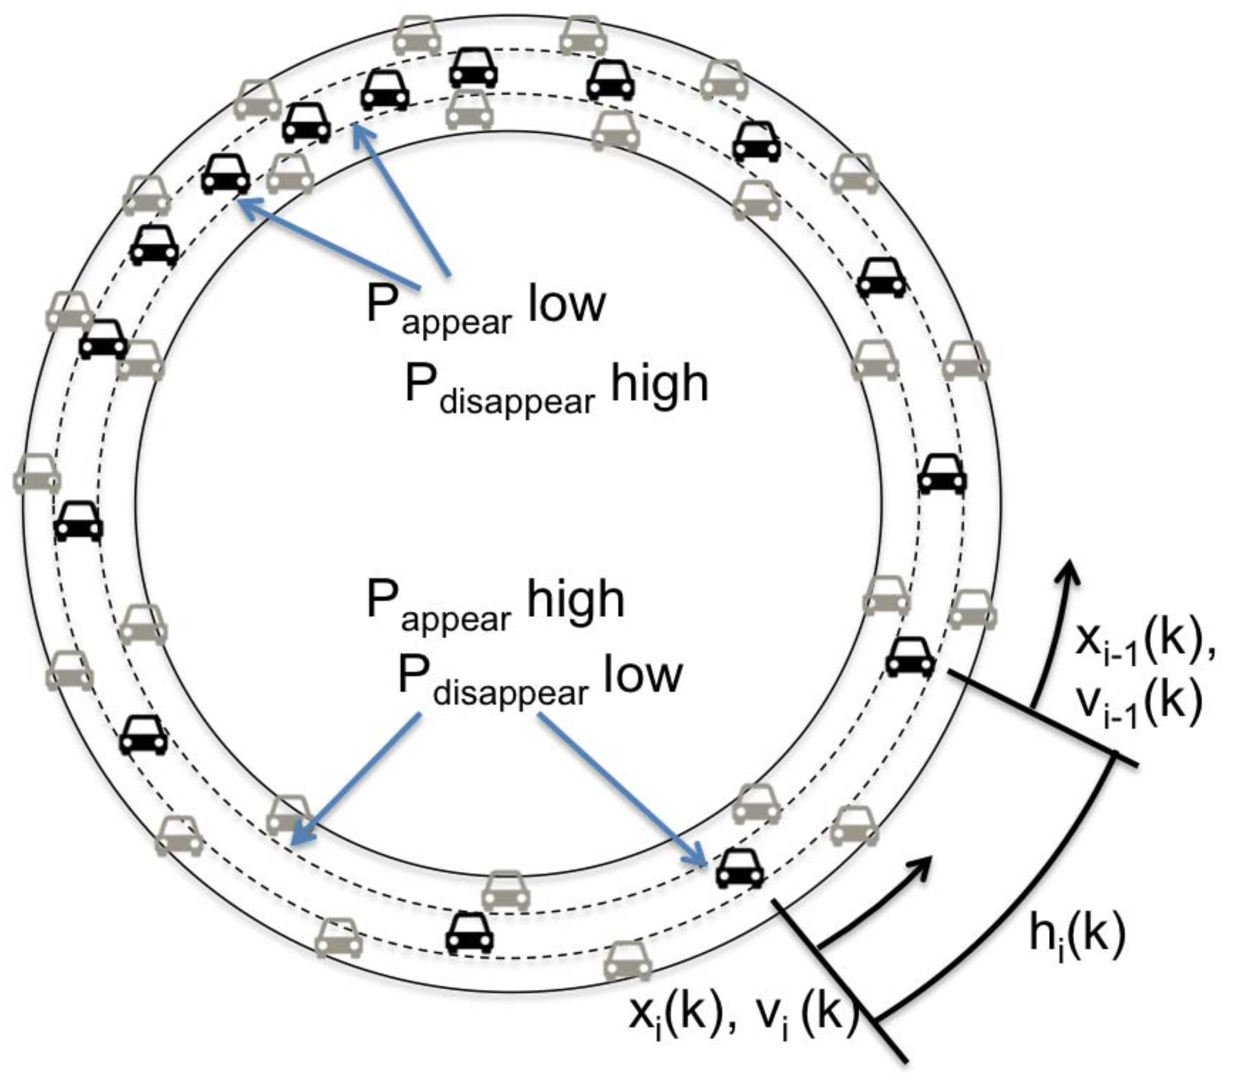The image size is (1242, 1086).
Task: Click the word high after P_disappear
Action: [x=659, y=384]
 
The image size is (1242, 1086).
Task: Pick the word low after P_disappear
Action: [x=643, y=674]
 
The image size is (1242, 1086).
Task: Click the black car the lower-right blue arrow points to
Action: [x=740, y=868]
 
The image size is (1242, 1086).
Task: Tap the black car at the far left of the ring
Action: [x=79, y=521]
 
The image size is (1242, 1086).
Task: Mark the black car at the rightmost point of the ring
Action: [x=942, y=474]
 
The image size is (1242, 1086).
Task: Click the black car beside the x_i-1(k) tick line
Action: [x=910, y=657]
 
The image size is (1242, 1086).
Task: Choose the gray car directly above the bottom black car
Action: [x=506, y=891]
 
